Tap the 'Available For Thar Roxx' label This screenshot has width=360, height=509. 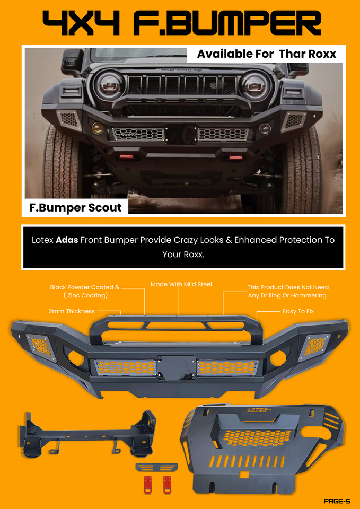pyautogui.click(x=266, y=54)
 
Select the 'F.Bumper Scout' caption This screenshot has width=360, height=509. pyautogui.click(x=75, y=207)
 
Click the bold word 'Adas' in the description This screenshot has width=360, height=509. pyautogui.click(x=67, y=240)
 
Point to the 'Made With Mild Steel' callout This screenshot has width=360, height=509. pyautogui.click(x=181, y=284)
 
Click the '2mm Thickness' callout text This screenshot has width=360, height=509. pyautogui.click(x=72, y=311)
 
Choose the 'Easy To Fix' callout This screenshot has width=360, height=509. pyautogui.click(x=298, y=311)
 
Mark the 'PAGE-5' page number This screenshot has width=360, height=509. pyautogui.click(x=337, y=501)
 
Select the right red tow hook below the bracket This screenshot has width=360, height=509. pyautogui.click(x=167, y=483)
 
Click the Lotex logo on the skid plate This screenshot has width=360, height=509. pyautogui.click(x=259, y=409)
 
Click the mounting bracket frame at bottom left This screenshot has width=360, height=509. pyautogui.click(x=87, y=433)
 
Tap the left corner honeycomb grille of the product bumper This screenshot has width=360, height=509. pyautogui.click(x=40, y=348)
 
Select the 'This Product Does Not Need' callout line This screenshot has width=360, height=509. pyautogui.click(x=288, y=287)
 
